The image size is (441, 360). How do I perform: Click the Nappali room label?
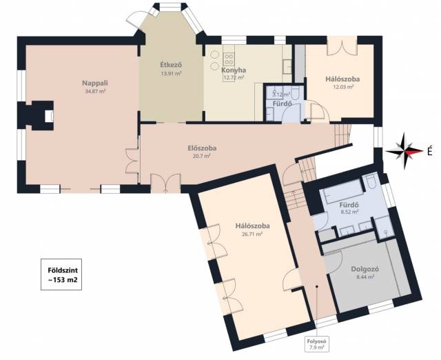95,83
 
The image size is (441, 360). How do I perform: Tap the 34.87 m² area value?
95,91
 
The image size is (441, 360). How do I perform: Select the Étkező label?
171,65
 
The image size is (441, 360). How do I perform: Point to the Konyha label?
234,70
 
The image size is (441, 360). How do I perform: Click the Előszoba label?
202,148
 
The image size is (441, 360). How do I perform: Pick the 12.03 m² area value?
343,87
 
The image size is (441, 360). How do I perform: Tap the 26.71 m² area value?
252,234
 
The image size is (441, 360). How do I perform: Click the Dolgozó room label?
365,269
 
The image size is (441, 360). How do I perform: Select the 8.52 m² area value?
349,212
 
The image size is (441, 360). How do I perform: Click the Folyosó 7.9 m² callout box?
316,344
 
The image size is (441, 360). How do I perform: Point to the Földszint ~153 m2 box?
61,274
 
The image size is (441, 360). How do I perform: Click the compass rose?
404,151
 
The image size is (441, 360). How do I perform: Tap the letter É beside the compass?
429,152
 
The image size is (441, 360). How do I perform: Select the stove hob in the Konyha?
229,59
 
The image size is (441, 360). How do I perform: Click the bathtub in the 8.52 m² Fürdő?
343,192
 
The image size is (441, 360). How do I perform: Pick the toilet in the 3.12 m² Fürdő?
295,93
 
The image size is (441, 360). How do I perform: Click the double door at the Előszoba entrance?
165,183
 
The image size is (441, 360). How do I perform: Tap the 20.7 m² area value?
202,156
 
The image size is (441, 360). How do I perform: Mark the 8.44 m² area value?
365,277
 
